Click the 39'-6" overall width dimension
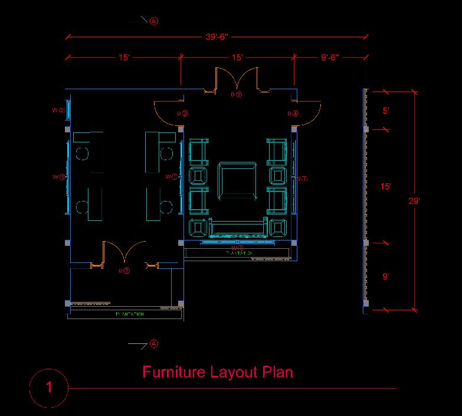tap(217, 37)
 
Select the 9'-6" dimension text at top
tap(330, 58)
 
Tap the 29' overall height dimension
tap(414, 201)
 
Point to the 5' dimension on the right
tap(386, 110)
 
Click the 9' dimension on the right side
tap(386, 276)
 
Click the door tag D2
tap(237, 94)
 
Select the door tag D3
tap(182, 113)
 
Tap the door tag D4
tap(293, 113)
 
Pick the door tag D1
tap(124, 271)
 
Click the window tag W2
tap(58, 110)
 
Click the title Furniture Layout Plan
tap(218, 372)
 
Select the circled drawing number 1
tap(49, 388)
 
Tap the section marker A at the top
tap(154, 21)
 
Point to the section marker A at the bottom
tap(154, 343)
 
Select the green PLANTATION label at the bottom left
tap(129, 314)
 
